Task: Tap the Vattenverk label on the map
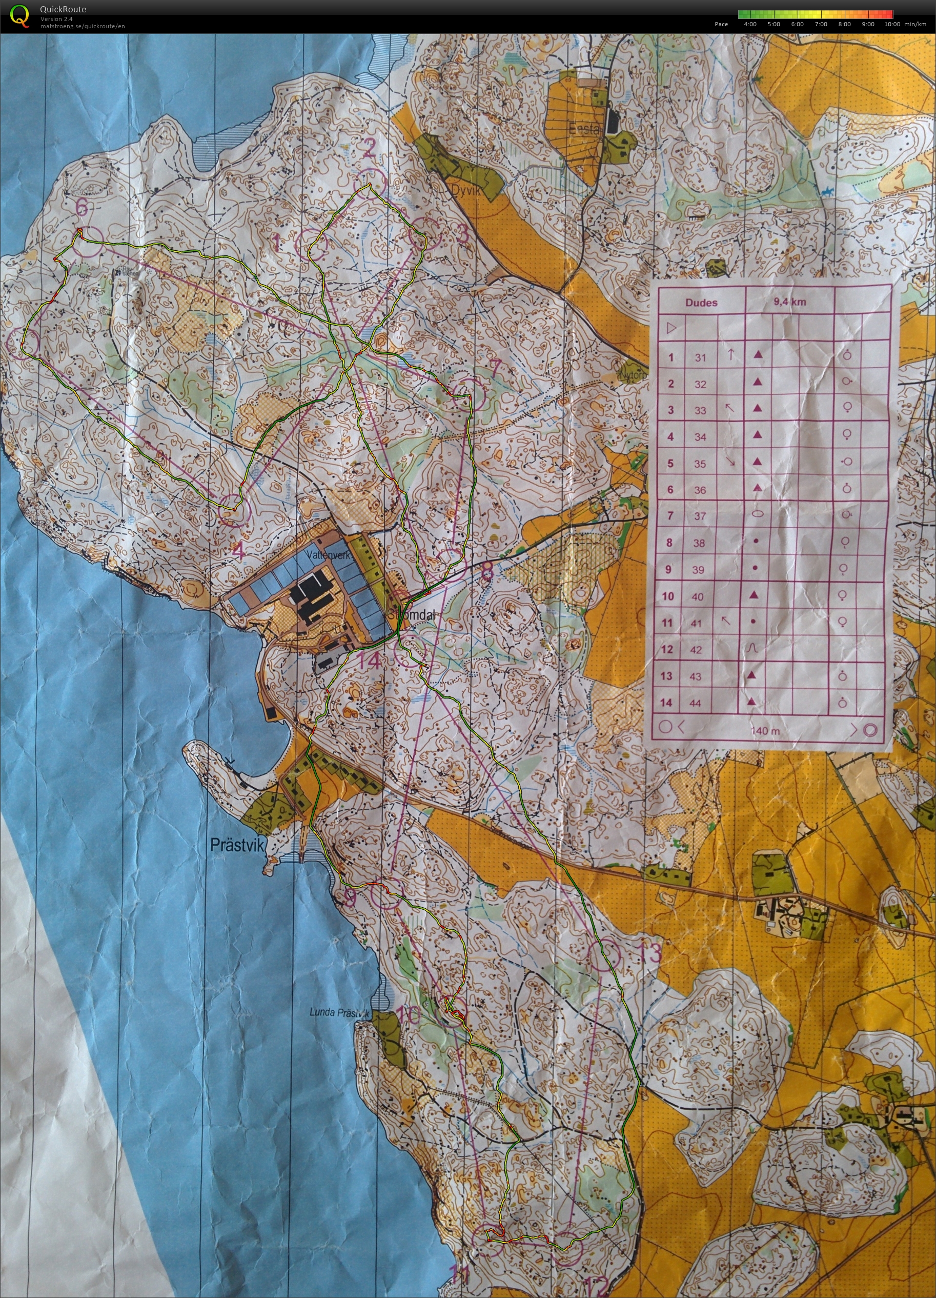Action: tap(328, 555)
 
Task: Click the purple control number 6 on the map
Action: tap(83, 208)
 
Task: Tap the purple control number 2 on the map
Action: tap(369, 150)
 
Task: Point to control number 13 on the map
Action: tap(649, 953)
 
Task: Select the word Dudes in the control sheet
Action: tap(701, 303)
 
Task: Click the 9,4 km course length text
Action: tap(790, 302)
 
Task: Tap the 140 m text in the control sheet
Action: tap(765, 731)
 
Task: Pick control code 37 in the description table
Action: tap(700, 516)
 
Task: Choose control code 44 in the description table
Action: tap(695, 704)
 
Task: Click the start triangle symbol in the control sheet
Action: tap(672, 329)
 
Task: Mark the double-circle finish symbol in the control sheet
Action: tap(870, 730)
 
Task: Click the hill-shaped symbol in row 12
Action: tap(752, 648)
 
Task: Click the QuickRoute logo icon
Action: tap(19, 15)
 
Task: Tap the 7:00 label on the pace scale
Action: tap(821, 24)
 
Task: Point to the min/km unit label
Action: tap(915, 24)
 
